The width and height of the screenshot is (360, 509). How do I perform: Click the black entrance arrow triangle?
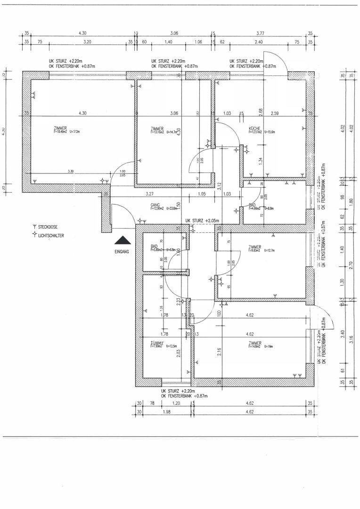pos(122,240)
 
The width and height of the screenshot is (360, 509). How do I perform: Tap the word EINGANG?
pos(122,252)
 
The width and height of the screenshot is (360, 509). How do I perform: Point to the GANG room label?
pos(155,205)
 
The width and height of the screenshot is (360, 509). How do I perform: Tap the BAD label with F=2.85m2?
pos(154,246)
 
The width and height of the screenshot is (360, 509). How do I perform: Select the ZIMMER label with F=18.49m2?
pos(60,129)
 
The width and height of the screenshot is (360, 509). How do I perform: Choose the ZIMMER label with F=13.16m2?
pos(157,129)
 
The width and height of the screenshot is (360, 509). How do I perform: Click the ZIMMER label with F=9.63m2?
pos(254,247)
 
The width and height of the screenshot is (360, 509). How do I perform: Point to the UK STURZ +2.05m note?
pos(204,221)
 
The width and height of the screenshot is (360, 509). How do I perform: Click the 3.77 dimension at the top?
pos(260,33)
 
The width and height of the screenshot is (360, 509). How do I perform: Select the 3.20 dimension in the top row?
pos(87,41)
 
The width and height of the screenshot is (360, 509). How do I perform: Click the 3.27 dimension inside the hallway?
pos(150,194)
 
